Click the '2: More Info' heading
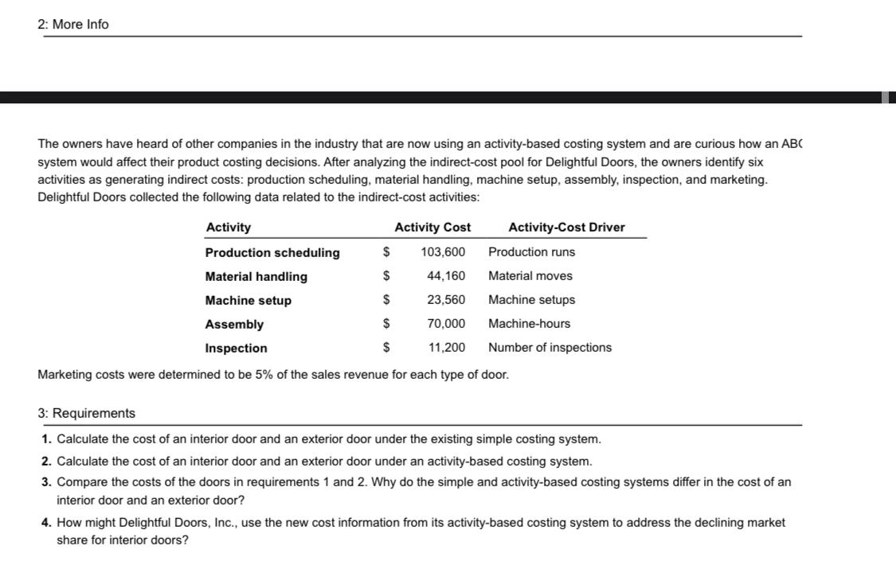pyautogui.click(x=73, y=25)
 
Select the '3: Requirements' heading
pyautogui.click(x=87, y=413)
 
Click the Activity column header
pyautogui.click(x=228, y=228)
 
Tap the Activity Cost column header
pyautogui.click(x=432, y=228)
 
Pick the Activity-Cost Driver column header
pyautogui.click(x=566, y=228)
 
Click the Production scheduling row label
pyautogui.click(x=272, y=253)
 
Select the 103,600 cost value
pyautogui.click(x=443, y=252)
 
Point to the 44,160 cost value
pyautogui.click(x=446, y=276)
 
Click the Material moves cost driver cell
pyautogui.click(x=530, y=276)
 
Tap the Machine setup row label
pyautogui.click(x=248, y=301)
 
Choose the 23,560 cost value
pyautogui.click(x=446, y=300)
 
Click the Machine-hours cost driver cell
pyautogui.click(x=529, y=324)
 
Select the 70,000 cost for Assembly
pyautogui.click(x=446, y=324)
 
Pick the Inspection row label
pyautogui.click(x=237, y=349)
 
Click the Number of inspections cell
pyautogui.click(x=550, y=348)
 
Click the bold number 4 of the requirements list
pyautogui.click(x=46, y=523)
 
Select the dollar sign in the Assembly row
pyautogui.click(x=387, y=324)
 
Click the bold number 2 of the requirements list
pyautogui.click(x=46, y=462)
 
